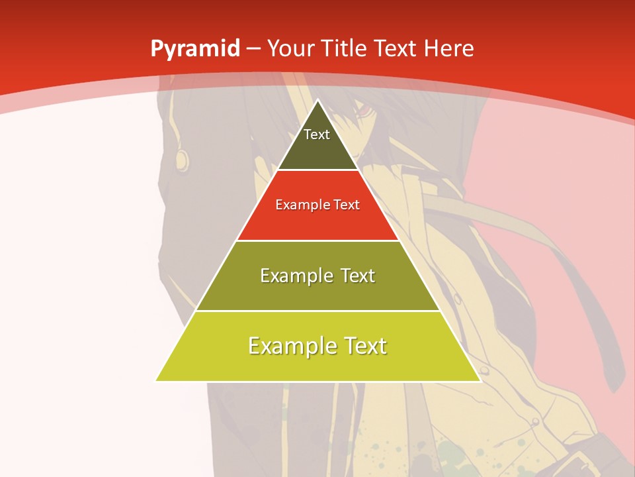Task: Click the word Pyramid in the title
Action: click(x=195, y=49)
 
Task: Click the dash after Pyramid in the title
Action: click(x=253, y=50)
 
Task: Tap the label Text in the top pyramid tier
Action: click(x=317, y=134)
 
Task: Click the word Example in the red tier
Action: click(x=297, y=205)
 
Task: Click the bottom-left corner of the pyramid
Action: click(x=156, y=381)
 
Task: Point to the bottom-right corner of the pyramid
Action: click(x=480, y=381)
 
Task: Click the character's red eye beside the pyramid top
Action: click(x=363, y=111)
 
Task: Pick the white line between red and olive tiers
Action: click(x=317, y=240)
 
